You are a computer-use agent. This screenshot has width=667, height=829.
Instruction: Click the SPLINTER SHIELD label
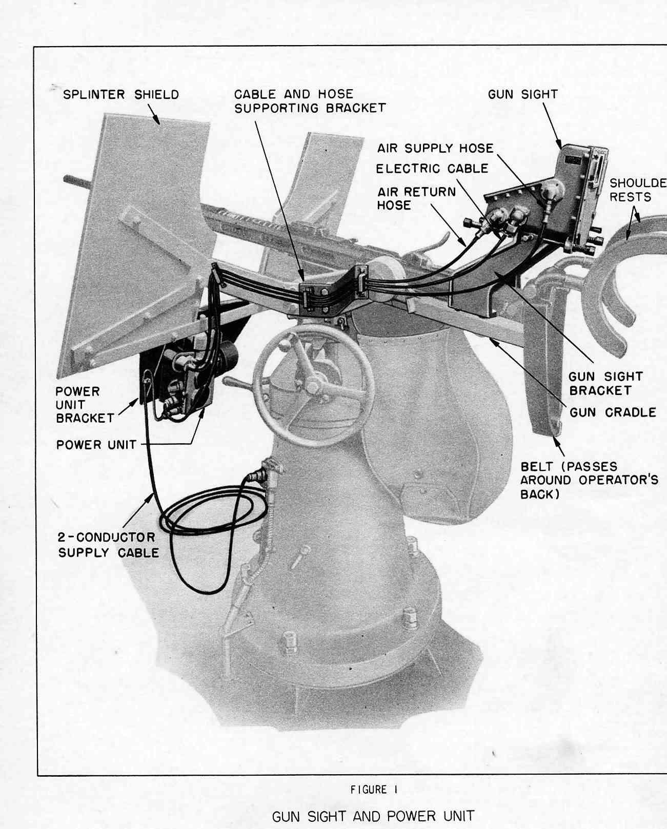121,95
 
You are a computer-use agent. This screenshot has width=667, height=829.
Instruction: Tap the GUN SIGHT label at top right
522,94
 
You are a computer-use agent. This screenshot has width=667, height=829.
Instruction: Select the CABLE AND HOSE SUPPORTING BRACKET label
310,101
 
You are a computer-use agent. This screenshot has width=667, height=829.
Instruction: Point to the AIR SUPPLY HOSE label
435,148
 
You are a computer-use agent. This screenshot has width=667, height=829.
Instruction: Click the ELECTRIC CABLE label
432,169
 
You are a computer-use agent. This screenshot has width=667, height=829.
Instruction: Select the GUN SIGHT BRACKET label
605,383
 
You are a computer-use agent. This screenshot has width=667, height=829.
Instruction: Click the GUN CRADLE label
613,412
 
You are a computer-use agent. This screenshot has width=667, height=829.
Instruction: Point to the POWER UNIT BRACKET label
85,405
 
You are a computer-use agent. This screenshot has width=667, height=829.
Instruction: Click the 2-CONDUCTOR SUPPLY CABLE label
108,545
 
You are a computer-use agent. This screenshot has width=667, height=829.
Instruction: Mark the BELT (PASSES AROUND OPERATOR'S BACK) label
589,481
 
